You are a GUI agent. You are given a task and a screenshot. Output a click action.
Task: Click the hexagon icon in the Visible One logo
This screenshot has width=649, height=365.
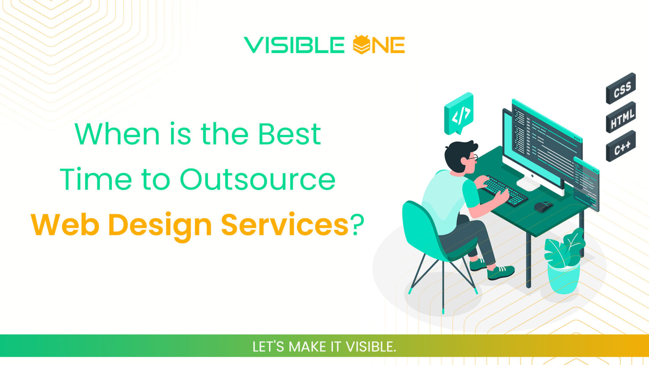(362, 45)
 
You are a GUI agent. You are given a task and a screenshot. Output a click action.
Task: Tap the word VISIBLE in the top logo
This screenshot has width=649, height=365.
(294, 45)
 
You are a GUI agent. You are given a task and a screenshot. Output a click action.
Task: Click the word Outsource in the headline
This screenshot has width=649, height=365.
(258, 179)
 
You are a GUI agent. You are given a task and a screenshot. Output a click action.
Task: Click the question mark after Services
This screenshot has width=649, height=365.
(357, 224)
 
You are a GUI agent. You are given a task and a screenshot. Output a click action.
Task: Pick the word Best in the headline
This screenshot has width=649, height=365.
(289, 134)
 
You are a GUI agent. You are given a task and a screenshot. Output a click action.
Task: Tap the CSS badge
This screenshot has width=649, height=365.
(621, 88)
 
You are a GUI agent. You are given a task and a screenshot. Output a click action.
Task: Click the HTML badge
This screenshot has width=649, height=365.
(621, 117)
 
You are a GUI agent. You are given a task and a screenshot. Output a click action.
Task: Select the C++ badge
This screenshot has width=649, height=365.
(621, 146)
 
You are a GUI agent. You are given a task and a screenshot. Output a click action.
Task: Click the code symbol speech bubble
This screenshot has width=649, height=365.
(459, 112)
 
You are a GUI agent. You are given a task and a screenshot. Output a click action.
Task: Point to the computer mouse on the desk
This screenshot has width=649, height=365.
(543, 206)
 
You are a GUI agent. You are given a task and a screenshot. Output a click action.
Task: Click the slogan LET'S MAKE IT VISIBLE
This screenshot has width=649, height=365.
(324, 346)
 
